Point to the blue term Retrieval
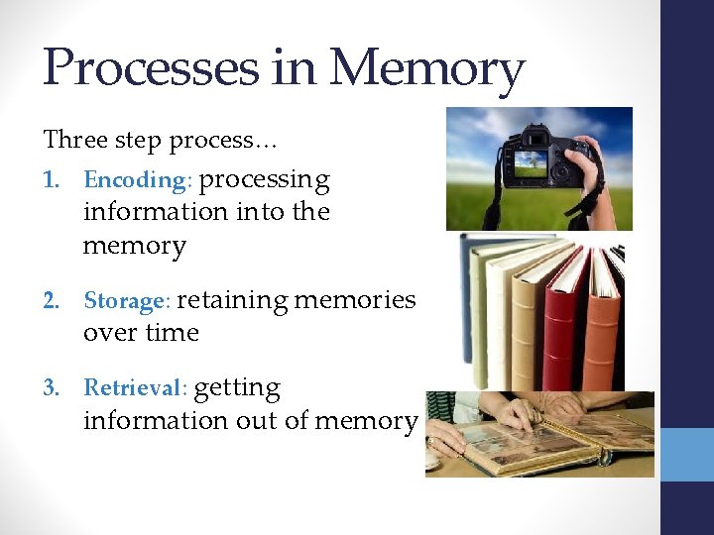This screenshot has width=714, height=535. (135, 387)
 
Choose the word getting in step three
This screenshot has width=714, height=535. (237, 387)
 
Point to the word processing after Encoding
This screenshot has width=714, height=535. (265, 180)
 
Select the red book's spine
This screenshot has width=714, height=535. (559, 327)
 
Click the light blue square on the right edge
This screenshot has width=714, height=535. (686, 454)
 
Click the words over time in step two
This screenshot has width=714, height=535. (141, 333)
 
